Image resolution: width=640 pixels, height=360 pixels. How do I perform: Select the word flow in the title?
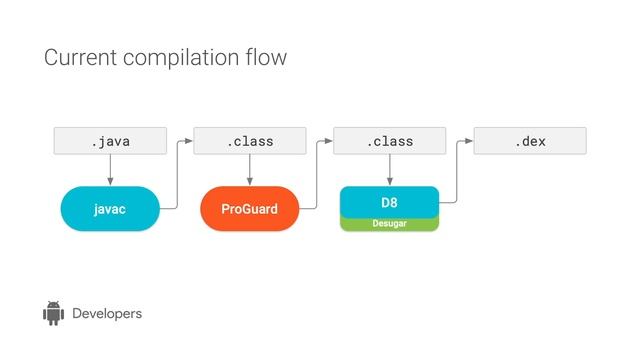(267, 58)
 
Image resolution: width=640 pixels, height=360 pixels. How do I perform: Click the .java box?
(110, 142)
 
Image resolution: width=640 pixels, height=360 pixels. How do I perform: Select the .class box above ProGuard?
(250, 142)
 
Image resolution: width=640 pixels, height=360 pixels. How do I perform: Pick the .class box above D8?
(390, 142)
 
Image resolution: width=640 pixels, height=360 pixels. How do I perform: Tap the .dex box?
(530, 142)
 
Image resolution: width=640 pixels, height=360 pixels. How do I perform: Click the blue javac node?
(110, 209)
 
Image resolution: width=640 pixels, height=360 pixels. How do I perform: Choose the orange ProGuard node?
(250, 209)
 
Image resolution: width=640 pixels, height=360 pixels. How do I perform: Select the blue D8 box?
(390, 202)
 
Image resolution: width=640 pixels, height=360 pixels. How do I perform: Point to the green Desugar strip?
(390, 224)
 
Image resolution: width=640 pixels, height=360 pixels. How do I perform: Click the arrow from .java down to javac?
(110, 171)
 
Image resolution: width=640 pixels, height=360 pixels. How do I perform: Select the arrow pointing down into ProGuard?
(250, 171)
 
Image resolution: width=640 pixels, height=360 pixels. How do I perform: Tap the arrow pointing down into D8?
(390, 171)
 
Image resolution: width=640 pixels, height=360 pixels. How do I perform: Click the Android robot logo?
(53, 313)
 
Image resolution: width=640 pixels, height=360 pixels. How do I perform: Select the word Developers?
(107, 314)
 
